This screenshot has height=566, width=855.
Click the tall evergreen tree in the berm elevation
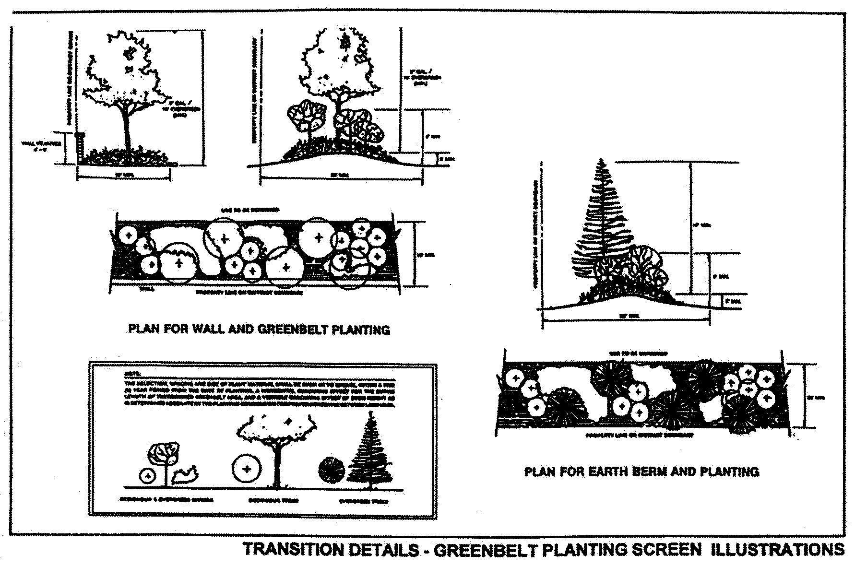[x=602, y=221]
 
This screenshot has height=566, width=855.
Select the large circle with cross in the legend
[x=247, y=469]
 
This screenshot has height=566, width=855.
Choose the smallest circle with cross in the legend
[x=148, y=476]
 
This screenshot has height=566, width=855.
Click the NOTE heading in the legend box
[x=130, y=373]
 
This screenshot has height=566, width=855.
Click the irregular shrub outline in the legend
[x=185, y=474]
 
